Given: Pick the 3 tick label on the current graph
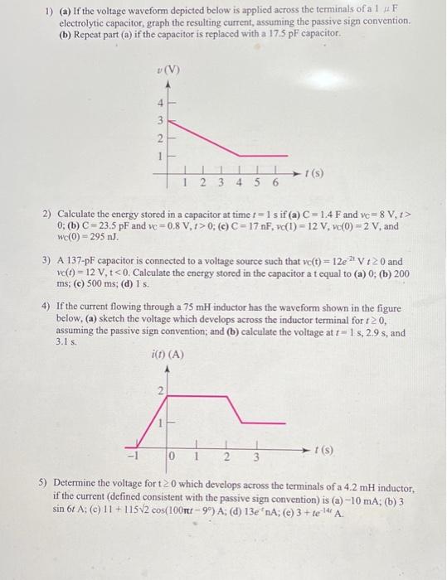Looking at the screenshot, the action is (257, 456).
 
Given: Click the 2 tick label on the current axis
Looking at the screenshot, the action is (160, 389).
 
